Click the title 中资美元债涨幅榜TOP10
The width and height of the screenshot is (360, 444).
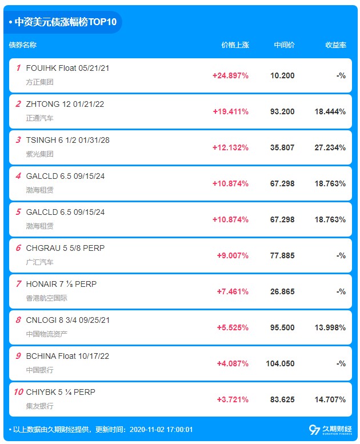(66, 22)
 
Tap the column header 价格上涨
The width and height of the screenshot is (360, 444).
(235, 45)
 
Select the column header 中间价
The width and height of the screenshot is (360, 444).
(284, 45)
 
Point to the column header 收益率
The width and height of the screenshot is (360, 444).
(335, 45)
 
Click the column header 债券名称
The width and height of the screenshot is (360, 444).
(23, 45)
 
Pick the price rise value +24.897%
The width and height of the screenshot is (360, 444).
(230, 75)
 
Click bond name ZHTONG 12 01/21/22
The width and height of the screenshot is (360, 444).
(65, 104)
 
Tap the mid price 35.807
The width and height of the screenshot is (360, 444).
(282, 147)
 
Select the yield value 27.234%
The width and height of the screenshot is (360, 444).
(330, 147)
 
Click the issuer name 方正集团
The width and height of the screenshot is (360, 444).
(39, 82)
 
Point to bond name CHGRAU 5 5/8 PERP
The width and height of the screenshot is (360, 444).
(65, 248)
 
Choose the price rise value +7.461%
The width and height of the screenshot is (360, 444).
(233, 291)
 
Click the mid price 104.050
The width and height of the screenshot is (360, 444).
(280, 363)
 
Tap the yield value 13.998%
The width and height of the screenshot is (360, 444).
(330, 327)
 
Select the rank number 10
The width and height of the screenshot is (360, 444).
(18, 392)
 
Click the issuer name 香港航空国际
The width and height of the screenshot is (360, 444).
(46, 298)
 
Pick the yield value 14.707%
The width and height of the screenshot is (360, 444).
(330, 399)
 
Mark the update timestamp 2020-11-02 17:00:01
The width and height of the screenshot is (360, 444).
(161, 430)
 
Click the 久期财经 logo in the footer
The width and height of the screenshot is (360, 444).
(330, 430)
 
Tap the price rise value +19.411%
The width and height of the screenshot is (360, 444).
(230, 111)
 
